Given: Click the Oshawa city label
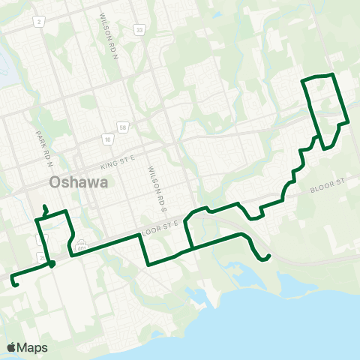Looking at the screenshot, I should coord(78,182).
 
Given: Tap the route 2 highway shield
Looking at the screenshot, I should coord(37,22).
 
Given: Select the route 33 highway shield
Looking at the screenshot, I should coord(139,29).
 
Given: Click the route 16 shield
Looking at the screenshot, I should coord(109,139).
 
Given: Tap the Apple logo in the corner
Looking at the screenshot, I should coord(11,347).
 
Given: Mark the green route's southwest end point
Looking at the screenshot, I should coord(16,284).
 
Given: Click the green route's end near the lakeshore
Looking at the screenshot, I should coord(268,258).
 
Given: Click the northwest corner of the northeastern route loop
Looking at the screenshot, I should coord(302,79).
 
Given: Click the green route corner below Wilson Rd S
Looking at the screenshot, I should coord(148,263).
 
